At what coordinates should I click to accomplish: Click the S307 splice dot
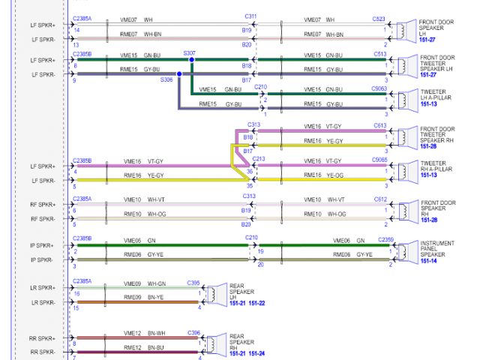coord(191,58)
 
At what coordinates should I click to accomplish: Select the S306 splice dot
coord(179,73)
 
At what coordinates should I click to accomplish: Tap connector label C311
coord(250,16)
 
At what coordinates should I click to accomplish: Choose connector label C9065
coord(379,159)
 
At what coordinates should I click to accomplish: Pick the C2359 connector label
coord(385,239)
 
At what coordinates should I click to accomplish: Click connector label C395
coord(193,283)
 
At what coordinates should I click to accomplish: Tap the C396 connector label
coord(193,333)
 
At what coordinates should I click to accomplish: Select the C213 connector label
coord(259,159)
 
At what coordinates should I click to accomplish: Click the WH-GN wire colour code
coord(157,283)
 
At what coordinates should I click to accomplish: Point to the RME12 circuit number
coord(133,347)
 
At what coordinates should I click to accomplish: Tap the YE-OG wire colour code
coord(334,175)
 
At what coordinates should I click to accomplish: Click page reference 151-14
coord(430,260)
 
